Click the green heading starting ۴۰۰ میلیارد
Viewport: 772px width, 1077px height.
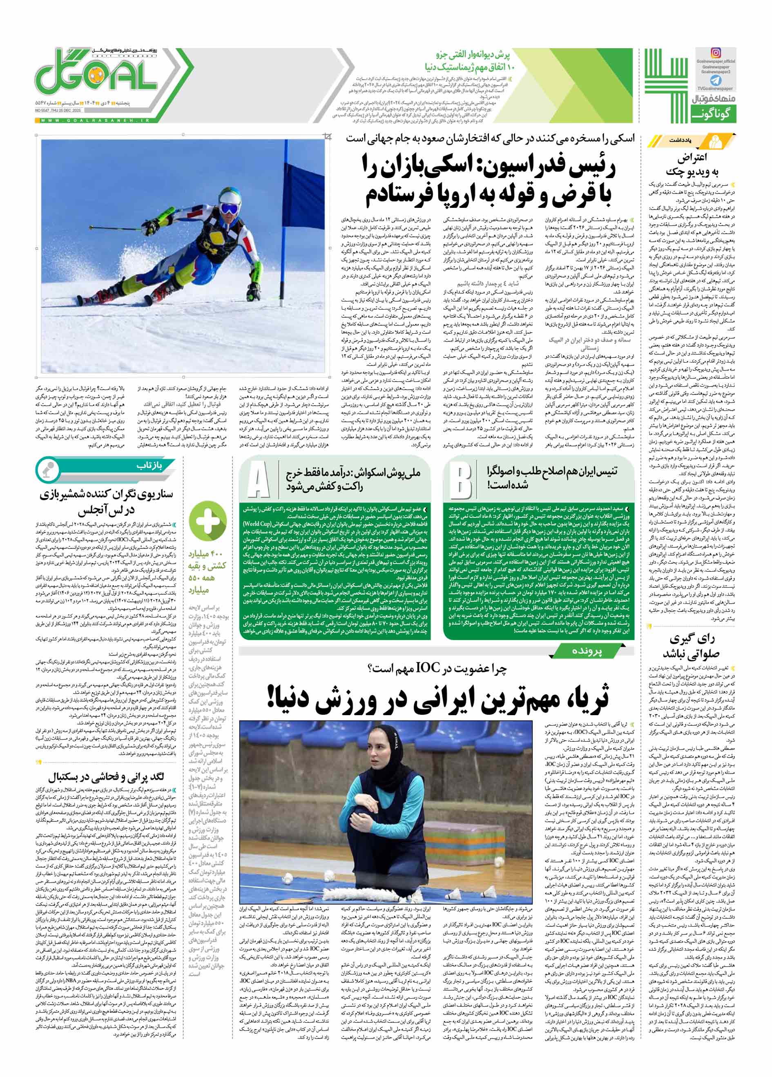pyautogui.click(x=207, y=567)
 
